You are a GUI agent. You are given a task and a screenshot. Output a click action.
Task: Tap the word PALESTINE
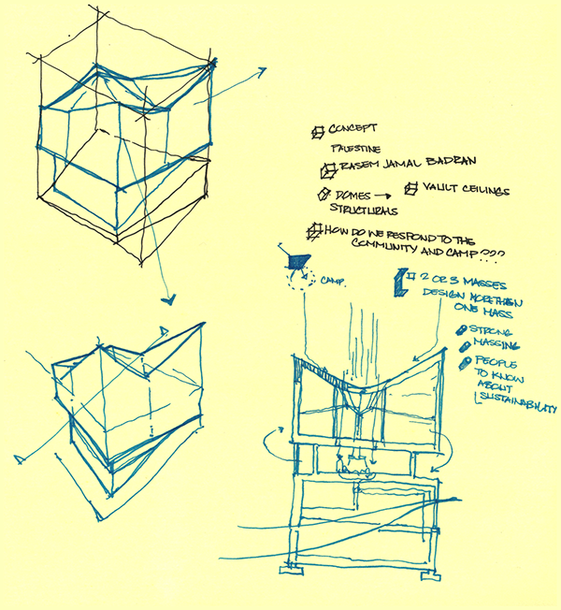356,149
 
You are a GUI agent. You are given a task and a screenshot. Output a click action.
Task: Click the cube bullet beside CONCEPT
318,131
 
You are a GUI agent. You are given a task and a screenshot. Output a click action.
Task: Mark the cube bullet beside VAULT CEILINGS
411,190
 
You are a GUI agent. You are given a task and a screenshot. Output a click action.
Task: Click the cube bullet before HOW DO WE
311,230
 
